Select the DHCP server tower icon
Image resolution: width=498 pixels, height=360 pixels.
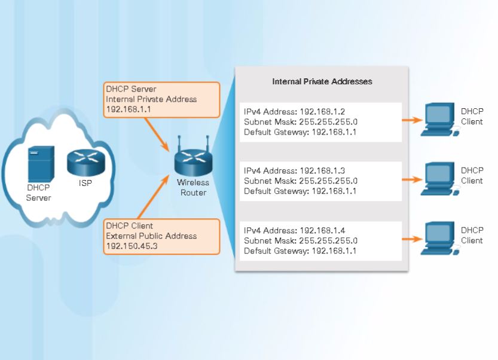click(x=42, y=164)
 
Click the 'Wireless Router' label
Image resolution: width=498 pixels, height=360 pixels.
click(x=193, y=188)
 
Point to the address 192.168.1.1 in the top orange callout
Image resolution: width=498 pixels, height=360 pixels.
click(x=127, y=109)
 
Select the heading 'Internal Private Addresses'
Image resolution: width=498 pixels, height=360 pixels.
click(x=322, y=81)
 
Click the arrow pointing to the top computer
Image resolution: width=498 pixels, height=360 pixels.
click(x=412, y=120)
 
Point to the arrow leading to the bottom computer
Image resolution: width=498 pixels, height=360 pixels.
click(x=412, y=239)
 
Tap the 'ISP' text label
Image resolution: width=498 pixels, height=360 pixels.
click(x=85, y=183)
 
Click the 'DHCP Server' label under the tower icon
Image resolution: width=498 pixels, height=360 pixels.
click(x=38, y=193)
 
